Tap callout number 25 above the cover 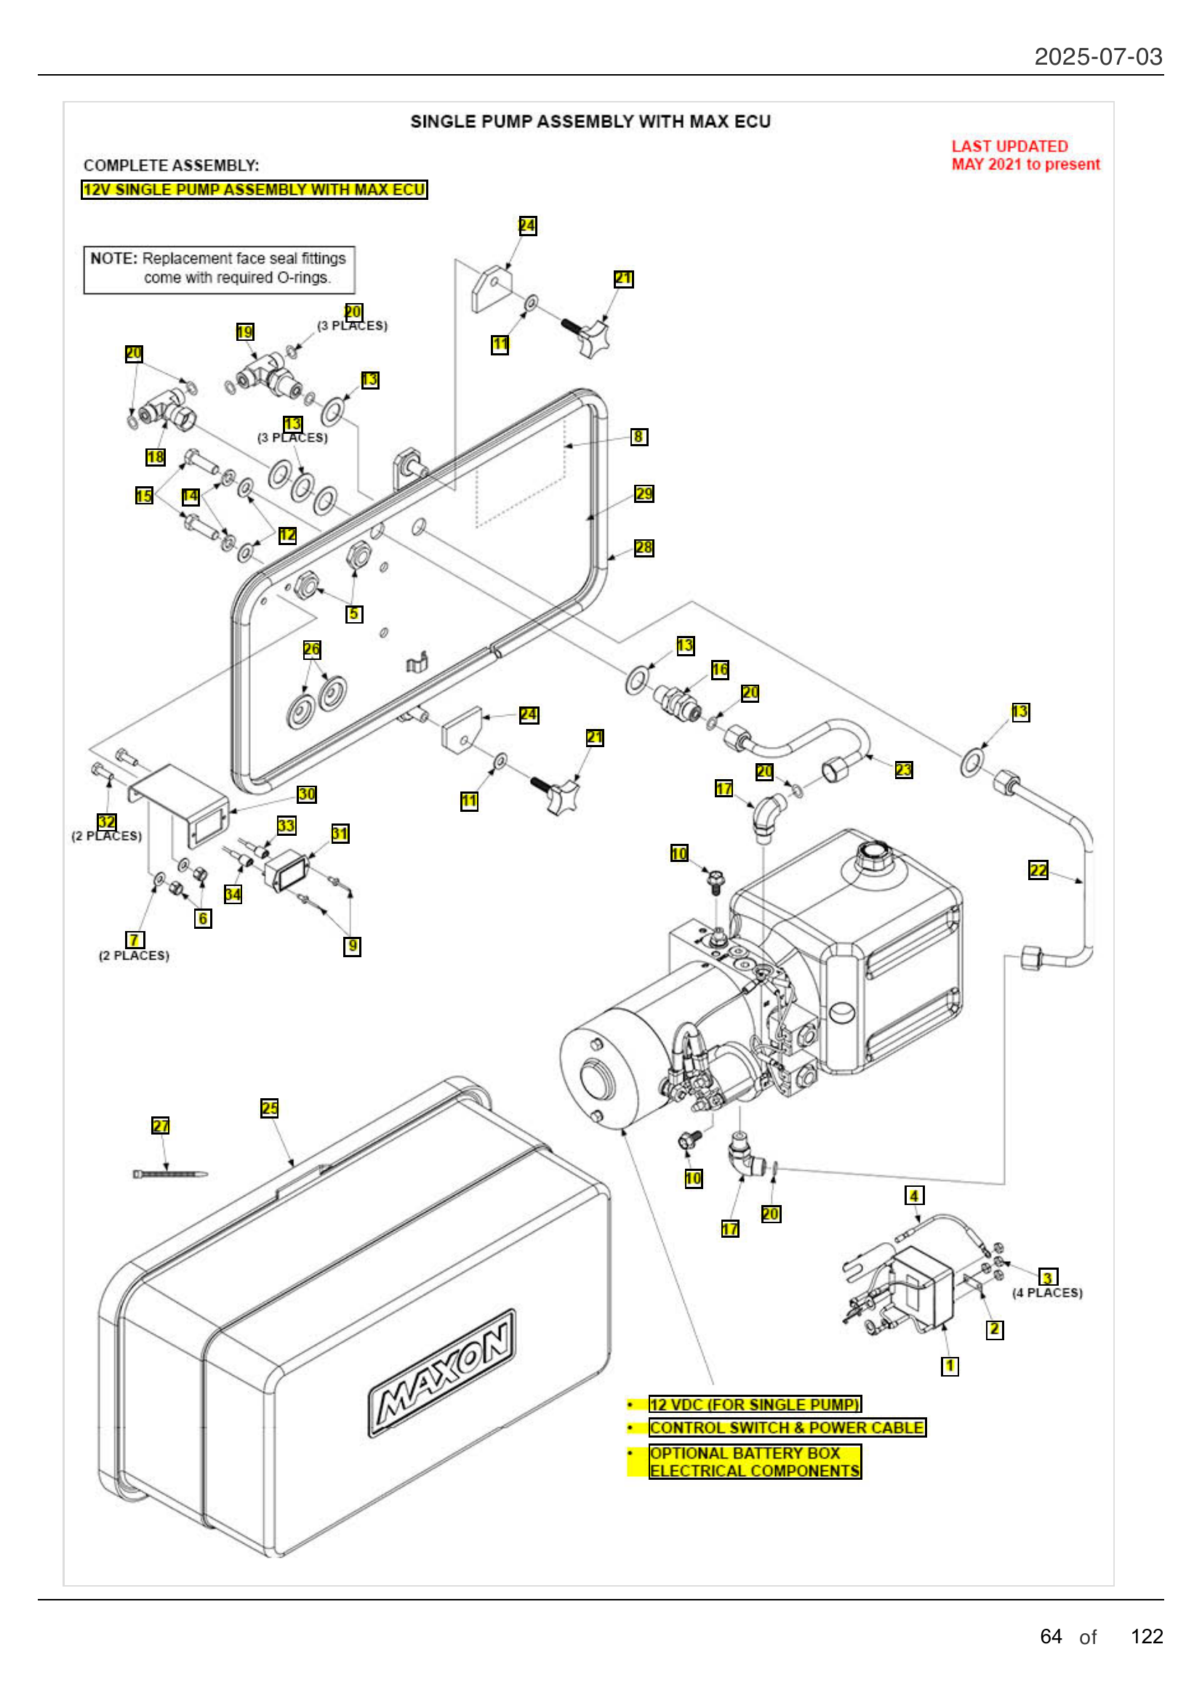coord(270,1108)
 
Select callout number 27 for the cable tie coord(160,1125)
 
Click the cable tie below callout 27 coord(169,1174)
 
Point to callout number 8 coord(638,437)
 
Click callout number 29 coord(644,494)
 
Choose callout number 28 coord(644,548)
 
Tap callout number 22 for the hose coord(1038,870)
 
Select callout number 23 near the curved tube coord(904,770)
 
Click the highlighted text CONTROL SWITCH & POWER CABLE coord(787,1427)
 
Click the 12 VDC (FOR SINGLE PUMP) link coord(755,1405)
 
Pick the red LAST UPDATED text coord(1009,147)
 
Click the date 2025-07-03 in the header coord(1097,57)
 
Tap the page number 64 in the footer coord(1050,1636)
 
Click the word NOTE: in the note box coord(114,259)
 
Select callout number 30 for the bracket coord(307,794)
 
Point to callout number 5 coord(354,614)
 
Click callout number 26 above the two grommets coord(312,649)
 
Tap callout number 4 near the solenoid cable coord(914,1196)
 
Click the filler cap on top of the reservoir coord(874,855)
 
